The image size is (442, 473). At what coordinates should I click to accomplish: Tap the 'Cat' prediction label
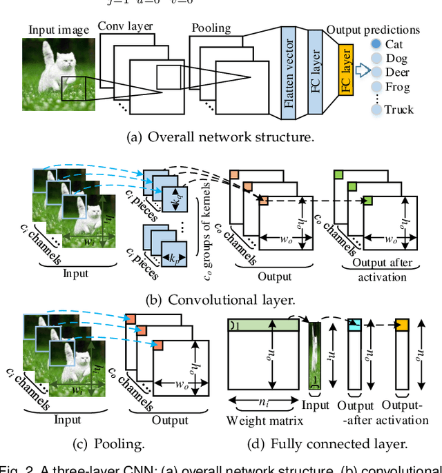(394, 43)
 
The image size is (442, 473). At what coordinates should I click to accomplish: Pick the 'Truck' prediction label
(398, 109)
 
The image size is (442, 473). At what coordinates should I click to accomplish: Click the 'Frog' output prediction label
(397, 87)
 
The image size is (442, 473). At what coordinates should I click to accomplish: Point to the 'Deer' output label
(397, 72)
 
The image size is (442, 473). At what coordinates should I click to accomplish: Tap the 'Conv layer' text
(124, 26)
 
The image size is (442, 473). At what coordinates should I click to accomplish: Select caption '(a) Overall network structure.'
(220, 137)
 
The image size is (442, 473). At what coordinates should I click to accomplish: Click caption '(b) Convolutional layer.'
(220, 299)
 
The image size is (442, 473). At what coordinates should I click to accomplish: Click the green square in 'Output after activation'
(368, 200)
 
